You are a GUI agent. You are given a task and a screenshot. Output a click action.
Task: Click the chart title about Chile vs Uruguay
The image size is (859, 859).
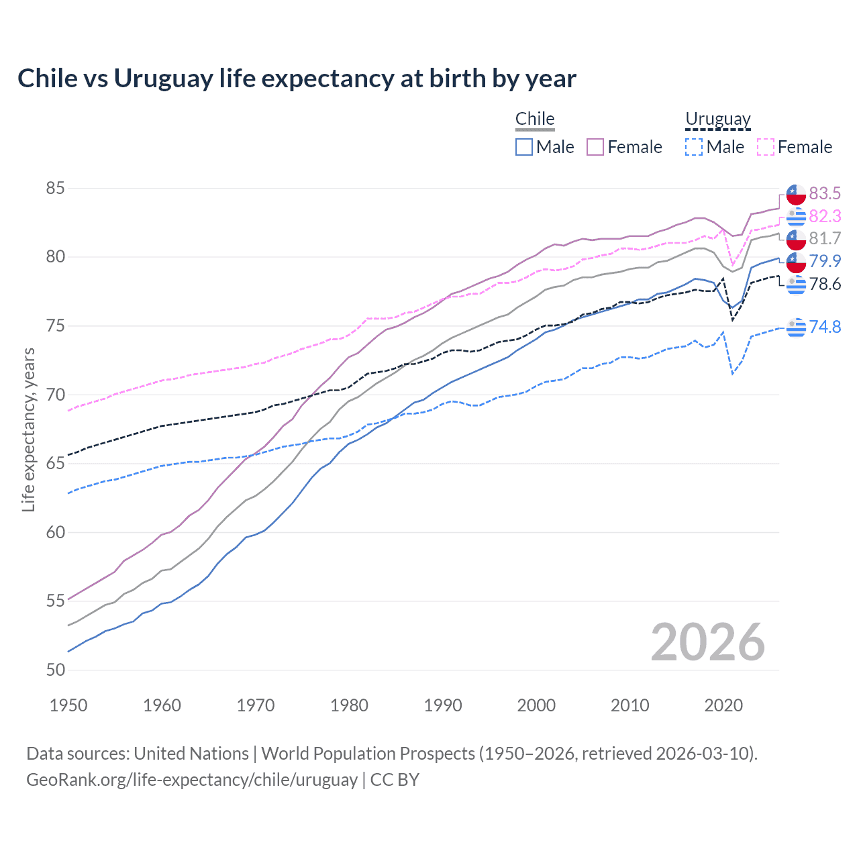297,79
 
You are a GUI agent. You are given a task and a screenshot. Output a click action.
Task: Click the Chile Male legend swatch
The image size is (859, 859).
524,147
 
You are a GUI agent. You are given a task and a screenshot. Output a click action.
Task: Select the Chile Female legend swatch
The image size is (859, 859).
595,147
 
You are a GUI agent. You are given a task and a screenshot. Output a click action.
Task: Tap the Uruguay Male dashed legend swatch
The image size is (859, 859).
694,147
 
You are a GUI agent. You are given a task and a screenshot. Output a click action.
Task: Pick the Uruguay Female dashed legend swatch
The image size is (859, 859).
765,147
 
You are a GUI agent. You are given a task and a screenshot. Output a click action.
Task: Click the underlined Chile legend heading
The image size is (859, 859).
535,119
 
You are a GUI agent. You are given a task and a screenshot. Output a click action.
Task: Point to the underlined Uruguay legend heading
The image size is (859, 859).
717,119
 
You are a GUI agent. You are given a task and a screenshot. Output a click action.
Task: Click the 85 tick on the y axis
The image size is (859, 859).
55,189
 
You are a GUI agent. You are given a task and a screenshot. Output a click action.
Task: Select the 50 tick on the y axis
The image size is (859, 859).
55,670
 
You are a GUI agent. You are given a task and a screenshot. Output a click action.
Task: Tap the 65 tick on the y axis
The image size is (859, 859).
55,464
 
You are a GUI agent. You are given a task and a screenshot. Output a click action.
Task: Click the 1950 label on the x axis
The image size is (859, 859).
68,705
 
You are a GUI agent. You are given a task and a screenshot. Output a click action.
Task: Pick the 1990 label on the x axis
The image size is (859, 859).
443,705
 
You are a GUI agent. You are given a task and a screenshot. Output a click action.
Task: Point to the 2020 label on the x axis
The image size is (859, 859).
723,705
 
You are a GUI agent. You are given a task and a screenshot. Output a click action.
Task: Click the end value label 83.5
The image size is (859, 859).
825,193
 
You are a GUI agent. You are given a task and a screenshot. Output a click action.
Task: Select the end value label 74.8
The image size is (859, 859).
825,327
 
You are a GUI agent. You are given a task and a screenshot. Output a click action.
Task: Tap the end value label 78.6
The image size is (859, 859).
825,284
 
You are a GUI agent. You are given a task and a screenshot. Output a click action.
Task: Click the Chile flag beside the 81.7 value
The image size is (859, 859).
796,239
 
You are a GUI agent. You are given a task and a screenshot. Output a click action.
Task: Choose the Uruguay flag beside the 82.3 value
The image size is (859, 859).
796,216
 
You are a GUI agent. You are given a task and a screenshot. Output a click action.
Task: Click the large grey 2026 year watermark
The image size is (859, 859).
708,642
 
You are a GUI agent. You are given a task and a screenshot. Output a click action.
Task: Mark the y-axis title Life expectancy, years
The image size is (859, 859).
28,429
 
